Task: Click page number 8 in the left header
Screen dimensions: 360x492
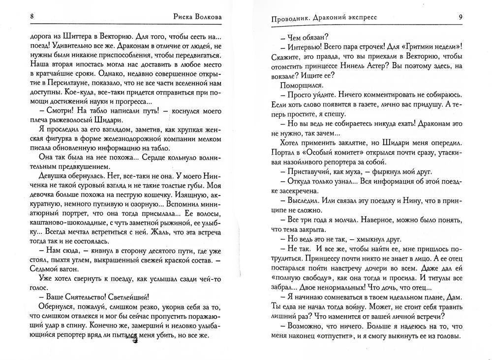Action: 32,17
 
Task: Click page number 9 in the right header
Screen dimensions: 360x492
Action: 460,17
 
